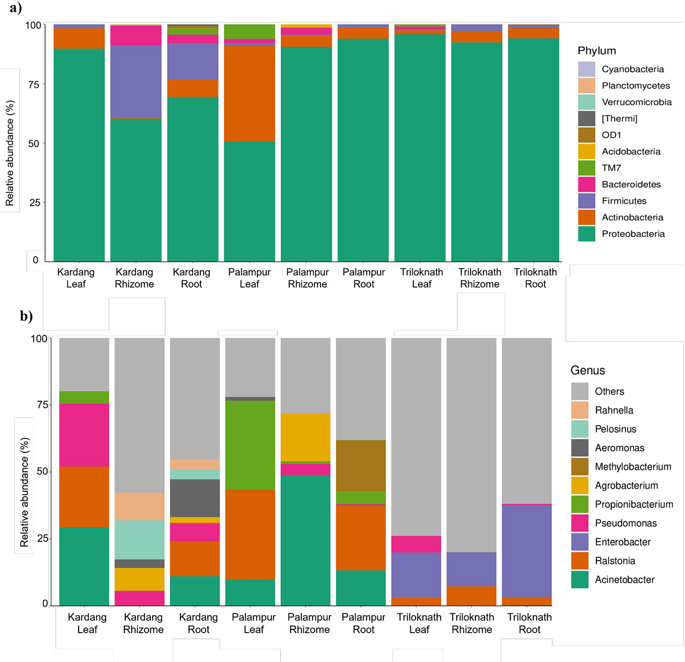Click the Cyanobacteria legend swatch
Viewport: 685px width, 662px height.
586,69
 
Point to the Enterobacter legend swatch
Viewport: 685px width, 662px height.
579,542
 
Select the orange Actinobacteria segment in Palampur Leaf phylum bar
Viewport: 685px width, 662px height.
249,93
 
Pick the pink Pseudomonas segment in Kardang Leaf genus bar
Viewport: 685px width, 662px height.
84,435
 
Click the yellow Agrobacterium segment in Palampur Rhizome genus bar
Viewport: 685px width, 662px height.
305,437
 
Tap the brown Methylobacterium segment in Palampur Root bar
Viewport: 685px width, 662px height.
361,466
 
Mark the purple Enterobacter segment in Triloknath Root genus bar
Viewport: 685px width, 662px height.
527,551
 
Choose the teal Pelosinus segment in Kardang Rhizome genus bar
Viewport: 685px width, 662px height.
139,540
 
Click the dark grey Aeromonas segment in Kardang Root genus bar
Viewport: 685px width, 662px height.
195,498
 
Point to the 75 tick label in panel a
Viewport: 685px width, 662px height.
34,85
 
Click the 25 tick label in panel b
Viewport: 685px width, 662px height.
42,538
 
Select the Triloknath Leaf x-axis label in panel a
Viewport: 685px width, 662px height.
421,278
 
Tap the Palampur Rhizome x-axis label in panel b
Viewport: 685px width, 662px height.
309,623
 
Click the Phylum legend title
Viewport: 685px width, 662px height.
597,51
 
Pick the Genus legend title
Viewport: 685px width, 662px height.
587,370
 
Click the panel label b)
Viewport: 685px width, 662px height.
26,316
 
